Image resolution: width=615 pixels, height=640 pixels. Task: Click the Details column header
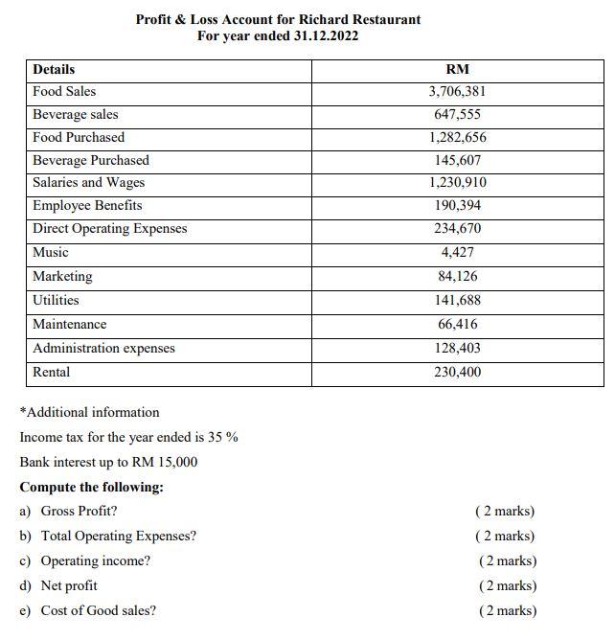pyautogui.click(x=54, y=69)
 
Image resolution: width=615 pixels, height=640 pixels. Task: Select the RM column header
pyautogui.click(x=458, y=69)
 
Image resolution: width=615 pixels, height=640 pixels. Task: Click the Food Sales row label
pyautogui.click(x=64, y=92)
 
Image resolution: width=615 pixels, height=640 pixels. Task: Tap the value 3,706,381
pyautogui.click(x=458, y=92)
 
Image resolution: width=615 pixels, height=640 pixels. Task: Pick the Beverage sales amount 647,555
pyautogui.click(x=458, y=115)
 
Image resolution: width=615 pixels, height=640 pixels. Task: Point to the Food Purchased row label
pyautogui.click(x=79, y=138)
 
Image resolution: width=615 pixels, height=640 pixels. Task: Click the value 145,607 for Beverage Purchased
pyautogui.click(x=458, y=160)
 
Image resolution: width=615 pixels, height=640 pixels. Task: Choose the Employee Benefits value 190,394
pyautogui.click(x=458, y=206)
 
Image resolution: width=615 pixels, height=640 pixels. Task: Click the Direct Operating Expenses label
pyautogui.click(x=110, y=229)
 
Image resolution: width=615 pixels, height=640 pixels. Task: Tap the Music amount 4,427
pyautogui.click(x=458, y=253)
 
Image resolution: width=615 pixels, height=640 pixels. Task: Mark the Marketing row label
pyautogui.click(x=63, y=277)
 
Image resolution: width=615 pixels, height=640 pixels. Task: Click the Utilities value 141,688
pyautogui.click(x=458, y=301)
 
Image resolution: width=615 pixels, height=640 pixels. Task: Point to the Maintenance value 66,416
pyautogui.click(x=458, y=325)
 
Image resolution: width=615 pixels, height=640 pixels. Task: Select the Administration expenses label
pyautogui.click(x=104, y=349)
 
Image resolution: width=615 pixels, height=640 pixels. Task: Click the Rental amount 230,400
pyautogui.click(x=458, y=373)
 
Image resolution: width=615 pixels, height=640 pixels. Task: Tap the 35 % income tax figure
pyautogui.click(x=222, y=438)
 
